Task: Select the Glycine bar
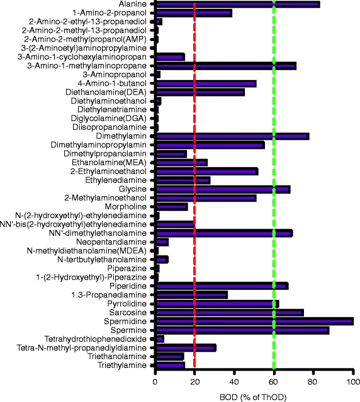pos(223,188)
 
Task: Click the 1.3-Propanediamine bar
pos(191,294)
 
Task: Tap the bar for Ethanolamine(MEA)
pos(181,162)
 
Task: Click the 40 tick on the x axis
pos(234,381)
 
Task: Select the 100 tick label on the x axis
pos(352,381)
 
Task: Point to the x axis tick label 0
pos(155,381)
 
